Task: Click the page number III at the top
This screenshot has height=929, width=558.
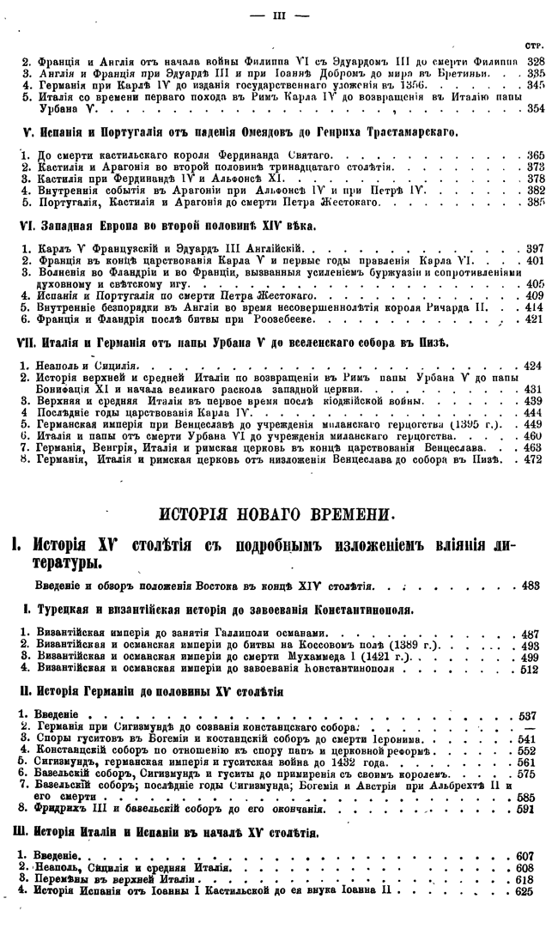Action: pos(278,15)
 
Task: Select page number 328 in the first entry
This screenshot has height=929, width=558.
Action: pos(536,61)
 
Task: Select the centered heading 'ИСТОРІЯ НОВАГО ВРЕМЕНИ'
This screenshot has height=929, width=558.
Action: pos(279,515)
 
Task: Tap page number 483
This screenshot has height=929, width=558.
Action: pos(531,586)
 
